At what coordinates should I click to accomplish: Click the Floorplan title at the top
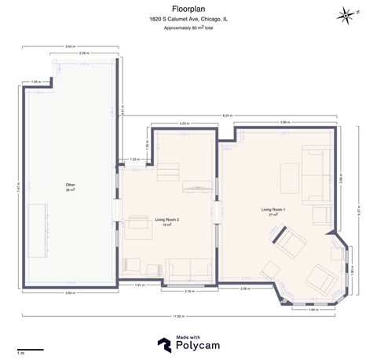point(188,9)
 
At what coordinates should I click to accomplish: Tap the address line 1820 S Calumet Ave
point(188,18)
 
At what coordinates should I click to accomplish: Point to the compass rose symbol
point(346,13)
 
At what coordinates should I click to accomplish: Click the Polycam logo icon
point(163,343)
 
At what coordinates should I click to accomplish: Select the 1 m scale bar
point(27,349)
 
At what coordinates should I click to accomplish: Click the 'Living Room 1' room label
point(273,210)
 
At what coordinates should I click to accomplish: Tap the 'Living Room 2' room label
point(167,220)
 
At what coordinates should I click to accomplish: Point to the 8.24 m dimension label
point(227,116)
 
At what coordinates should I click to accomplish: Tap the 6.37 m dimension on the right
point(359,211)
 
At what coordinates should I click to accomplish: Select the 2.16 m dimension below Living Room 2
point(188,291)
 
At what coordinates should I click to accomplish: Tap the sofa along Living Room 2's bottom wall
point(189,267)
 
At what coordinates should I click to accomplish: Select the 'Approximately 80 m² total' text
point(188,28)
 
